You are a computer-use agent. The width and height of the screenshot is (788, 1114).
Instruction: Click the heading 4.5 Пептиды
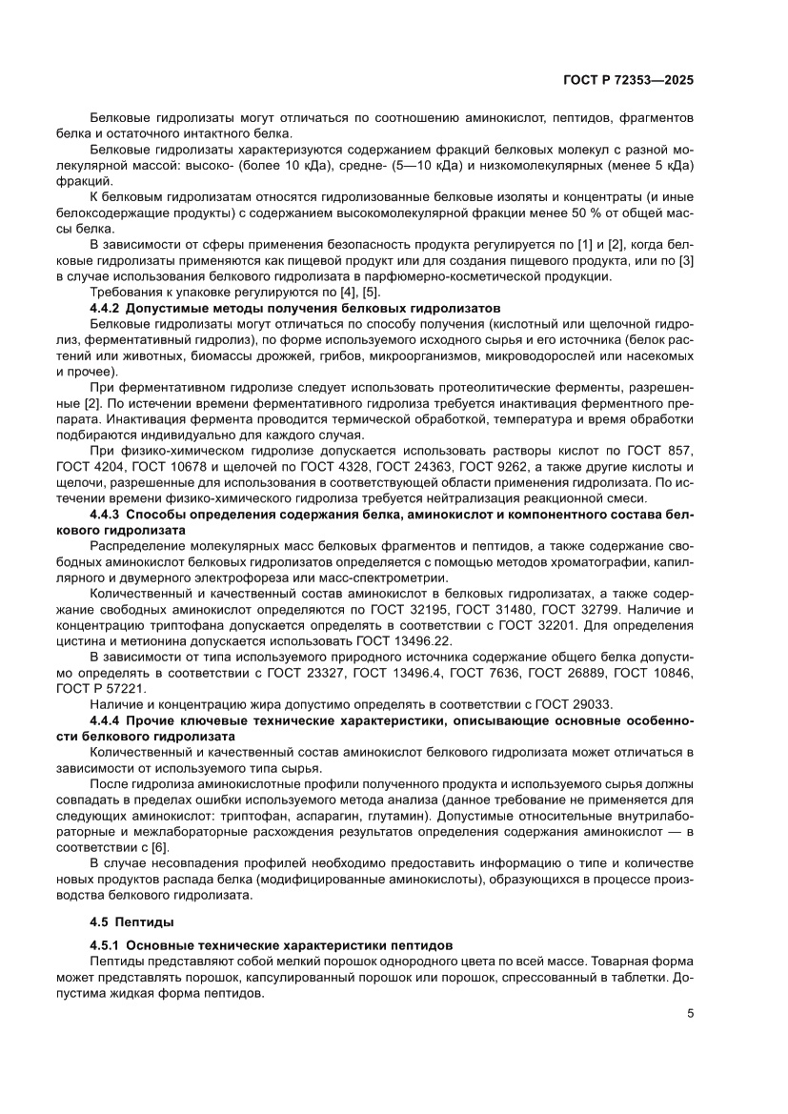coord(126,922)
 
